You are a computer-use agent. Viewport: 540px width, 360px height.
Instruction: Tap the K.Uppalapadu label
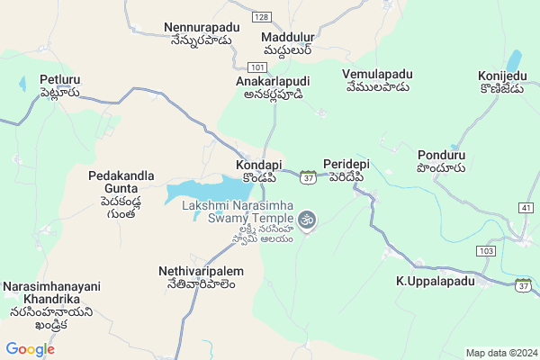[435, 282]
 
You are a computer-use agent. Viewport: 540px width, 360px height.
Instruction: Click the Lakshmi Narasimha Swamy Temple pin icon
[307, 220]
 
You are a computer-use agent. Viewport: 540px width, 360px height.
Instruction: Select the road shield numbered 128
[261, 17]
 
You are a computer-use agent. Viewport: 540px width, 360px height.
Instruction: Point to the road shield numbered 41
[526, 208]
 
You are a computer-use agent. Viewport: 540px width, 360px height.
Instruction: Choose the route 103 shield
[488, 249]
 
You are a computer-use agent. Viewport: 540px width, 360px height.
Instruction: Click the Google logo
[31, 349]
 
